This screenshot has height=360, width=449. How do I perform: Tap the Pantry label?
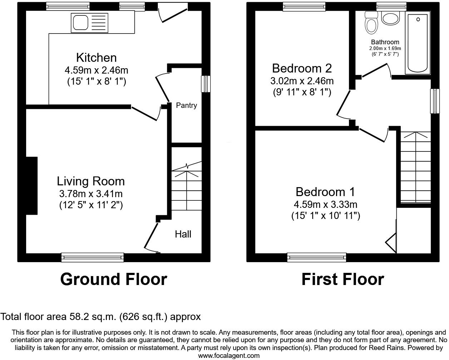186,105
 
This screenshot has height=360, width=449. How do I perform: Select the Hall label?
183,234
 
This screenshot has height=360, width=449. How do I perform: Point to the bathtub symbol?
418,42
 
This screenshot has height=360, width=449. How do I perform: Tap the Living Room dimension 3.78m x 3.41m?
91,194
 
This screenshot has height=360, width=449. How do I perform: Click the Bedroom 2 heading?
302,68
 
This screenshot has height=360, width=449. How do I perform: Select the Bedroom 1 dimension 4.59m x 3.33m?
325,205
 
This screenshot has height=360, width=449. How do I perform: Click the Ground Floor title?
113,279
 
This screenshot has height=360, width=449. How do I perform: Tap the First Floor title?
342,279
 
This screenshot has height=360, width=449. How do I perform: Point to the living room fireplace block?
31,186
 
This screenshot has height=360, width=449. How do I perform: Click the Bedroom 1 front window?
317,256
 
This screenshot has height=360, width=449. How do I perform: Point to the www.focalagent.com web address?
229,356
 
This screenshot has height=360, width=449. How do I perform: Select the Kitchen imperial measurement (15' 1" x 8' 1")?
97,81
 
